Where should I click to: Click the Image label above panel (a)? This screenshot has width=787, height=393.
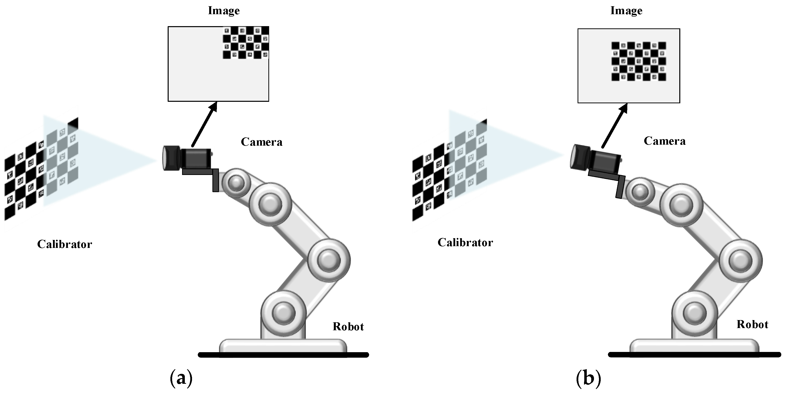point(224,11)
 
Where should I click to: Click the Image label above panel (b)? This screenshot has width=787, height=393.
point(626,11)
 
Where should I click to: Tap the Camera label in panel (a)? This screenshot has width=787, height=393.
point(261,142)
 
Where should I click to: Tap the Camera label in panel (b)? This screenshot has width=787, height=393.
point(664,141)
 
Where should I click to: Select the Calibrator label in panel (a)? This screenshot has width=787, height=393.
point(64,244)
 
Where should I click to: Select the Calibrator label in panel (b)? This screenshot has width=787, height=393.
point(465,243)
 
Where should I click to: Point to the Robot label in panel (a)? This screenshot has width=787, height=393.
point(348,327)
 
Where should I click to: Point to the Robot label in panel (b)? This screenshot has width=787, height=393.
point(752,324)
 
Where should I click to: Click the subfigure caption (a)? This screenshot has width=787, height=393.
point(181,378)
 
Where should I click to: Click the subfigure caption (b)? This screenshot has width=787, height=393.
point(588,378)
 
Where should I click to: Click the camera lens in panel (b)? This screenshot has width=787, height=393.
point(577,156)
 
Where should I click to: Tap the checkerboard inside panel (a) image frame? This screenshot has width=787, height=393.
point(246,43)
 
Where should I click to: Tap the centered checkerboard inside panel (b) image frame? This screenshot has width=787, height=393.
point(639,61)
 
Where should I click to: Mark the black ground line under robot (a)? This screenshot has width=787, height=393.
point(283,355)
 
